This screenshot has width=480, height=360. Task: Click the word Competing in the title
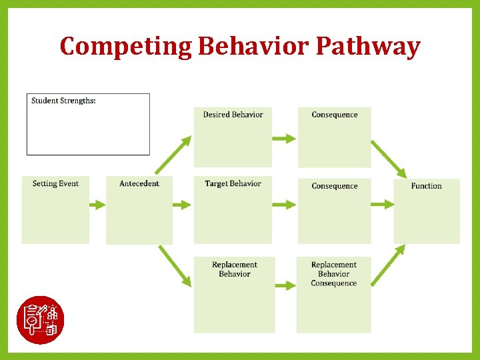tap(125, 47)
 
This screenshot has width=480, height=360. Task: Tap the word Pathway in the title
tap(367, 47)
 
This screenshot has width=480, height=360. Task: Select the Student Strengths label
tap(63, 101)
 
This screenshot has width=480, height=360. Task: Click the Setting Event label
tap(55, 184)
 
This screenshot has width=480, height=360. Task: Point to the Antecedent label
tap(139, 184)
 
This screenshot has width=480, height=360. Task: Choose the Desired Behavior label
tap(233, 115)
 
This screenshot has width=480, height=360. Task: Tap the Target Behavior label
tap(233, 184)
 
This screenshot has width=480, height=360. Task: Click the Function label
tap(426, 186)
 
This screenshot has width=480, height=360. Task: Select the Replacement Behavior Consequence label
tap(333, 274)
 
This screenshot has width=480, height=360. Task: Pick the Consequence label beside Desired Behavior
tap(334, 115)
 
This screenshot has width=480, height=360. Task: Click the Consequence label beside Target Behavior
tap(334, 186)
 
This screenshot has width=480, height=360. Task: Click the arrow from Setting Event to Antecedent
tap(97, 205)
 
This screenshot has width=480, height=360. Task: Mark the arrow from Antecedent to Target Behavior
tap(182, 205)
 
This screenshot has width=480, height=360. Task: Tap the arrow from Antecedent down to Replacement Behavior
tap(175, 265)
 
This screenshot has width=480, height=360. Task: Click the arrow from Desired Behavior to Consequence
tap(284, 139)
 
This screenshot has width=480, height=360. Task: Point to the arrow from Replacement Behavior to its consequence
tap(285, 285)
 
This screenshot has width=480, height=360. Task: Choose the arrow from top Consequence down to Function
tap(389, 159)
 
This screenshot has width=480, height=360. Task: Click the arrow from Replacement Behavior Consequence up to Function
tap(388, 264)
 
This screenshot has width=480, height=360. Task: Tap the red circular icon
tap(40, 319)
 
